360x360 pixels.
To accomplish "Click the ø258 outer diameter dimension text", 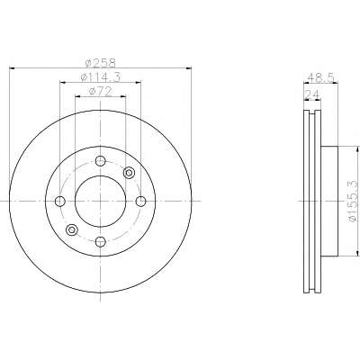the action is click(100, 63).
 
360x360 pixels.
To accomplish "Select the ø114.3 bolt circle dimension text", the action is click(101, 77).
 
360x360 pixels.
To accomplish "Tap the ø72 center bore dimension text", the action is click(101, 91).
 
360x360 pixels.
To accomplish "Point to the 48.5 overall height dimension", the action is click(321, 78).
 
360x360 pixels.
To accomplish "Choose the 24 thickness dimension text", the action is click(312, 95).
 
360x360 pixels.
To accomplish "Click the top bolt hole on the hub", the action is click(101, 161).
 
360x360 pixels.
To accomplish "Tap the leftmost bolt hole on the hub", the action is click(60, 202).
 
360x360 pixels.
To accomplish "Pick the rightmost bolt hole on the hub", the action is click(140, 202).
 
